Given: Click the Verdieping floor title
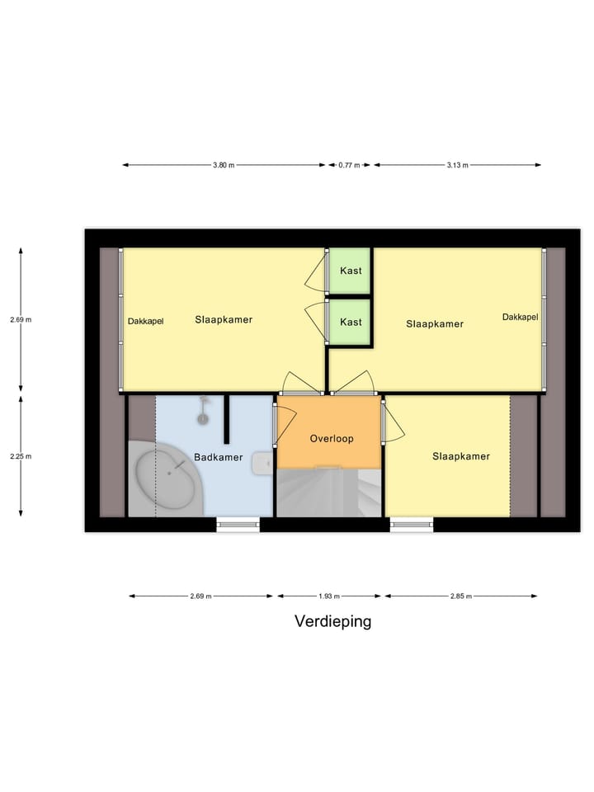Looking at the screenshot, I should coord(332,621).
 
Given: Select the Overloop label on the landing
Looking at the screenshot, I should coord(332,439).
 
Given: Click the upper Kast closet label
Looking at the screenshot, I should coord(351,271).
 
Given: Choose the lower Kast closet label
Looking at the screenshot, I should coord(351,322).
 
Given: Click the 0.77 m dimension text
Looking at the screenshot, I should coord(350,165).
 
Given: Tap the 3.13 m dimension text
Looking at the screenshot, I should coord(457,165).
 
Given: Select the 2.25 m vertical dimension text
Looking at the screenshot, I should coord(21,455).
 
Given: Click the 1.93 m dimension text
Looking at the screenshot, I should coord(329,596).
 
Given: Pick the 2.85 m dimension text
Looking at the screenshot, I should coord(460,596).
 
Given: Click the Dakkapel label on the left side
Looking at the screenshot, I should coord(145,322).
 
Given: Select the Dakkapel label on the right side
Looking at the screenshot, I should coord(520,317).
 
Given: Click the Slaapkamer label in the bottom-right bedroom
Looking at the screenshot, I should coord(461,456).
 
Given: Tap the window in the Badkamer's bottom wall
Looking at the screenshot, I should coord(238,522).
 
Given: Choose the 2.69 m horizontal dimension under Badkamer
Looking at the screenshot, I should coord(200,596).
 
